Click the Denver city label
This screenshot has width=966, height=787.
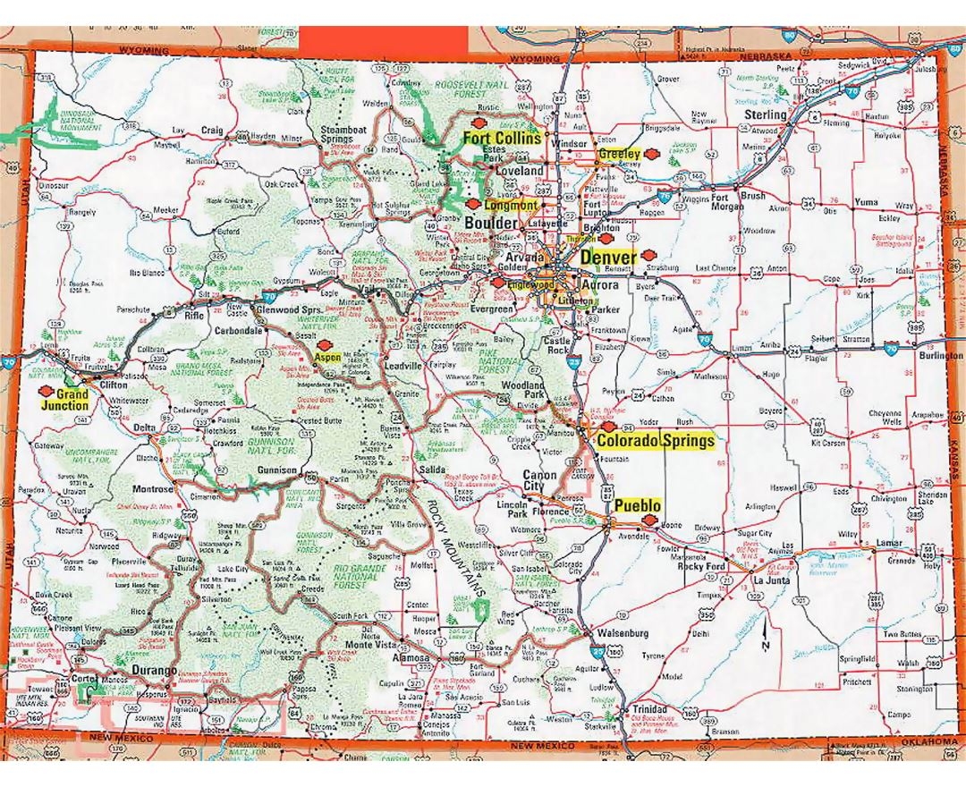coord(608,258)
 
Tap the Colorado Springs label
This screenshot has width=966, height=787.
coord(656,441)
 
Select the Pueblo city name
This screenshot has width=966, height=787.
coord(638,505)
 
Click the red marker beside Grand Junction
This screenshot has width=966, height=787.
coord(42,391)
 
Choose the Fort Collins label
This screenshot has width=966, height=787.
coord(501,139)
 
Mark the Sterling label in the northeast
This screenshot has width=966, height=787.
coord(766,115)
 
